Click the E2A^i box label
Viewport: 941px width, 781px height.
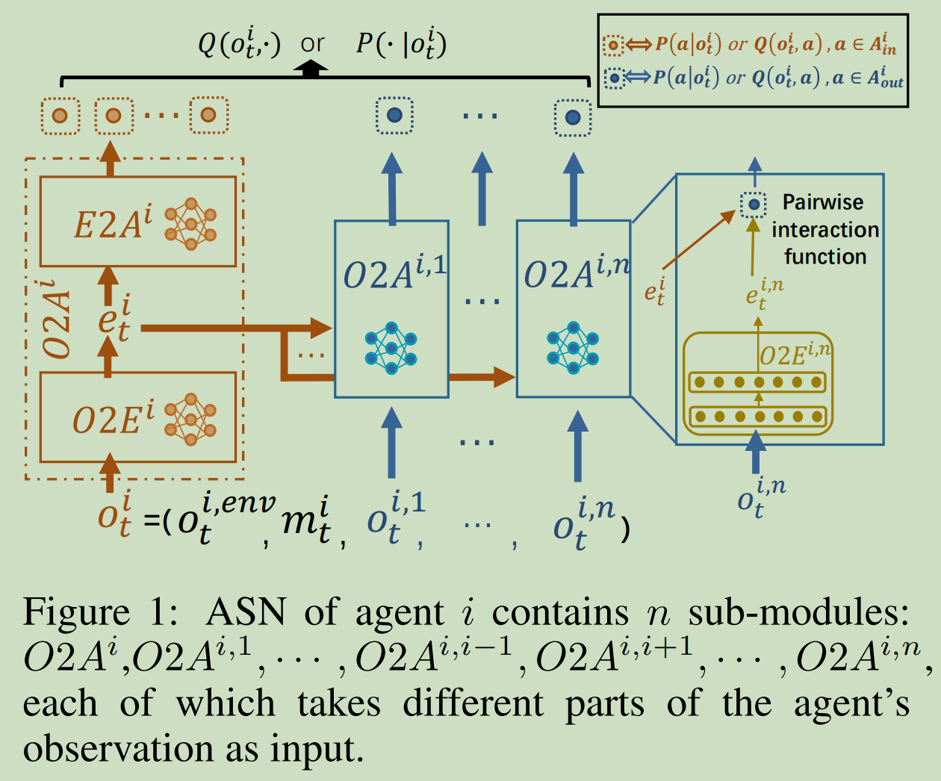click(x=112, y=223)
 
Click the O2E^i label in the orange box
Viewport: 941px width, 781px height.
click(x=113, y=419)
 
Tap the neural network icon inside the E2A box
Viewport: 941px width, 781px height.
click(x=190, y=223)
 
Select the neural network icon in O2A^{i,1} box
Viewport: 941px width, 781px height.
click(x=391, y=347)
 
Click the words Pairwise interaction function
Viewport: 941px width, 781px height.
click(x=824, y=229)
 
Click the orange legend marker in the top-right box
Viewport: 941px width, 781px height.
click(x=613, y=46)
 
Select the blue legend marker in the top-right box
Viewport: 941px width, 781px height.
click(x=614, y=78)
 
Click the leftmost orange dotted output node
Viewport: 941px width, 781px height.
click(x=60, y=116)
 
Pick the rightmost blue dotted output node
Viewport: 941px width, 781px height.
click(x=573, y=117)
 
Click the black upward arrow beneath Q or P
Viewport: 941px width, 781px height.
click(x=311, y=69)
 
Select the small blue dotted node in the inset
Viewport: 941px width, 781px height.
click(x=754, y=204)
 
